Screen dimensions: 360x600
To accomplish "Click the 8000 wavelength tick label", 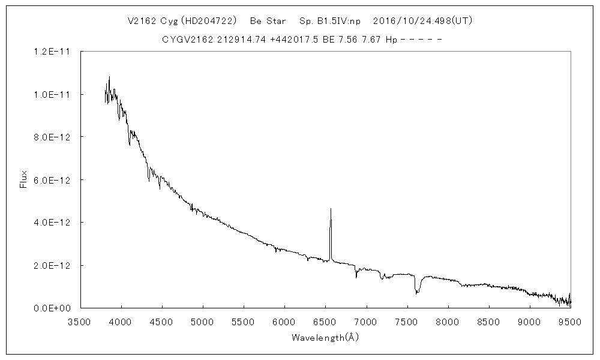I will point(447,322).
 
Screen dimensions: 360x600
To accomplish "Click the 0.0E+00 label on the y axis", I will point(53,308).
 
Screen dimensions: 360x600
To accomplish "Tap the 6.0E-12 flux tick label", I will point(53,180).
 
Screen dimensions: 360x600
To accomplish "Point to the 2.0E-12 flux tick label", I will point(53,266).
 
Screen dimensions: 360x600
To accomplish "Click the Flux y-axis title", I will point(24,180).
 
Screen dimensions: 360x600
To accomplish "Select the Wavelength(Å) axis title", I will point(325,337).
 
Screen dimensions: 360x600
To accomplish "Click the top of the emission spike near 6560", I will point(331,209).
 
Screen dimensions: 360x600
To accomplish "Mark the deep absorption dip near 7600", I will point(416,293).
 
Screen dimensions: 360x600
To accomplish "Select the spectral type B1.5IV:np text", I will point(329,20).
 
